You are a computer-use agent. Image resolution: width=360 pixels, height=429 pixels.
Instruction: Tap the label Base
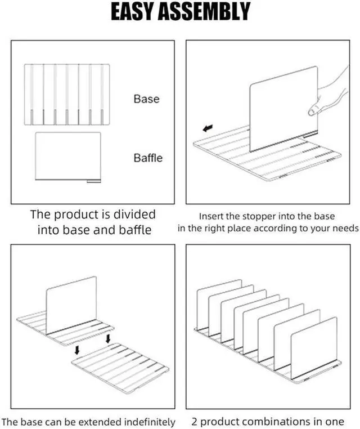pos(146,99)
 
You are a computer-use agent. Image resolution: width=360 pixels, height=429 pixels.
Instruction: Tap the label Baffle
pos(148,158)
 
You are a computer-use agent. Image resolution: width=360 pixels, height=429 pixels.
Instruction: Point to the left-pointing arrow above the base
pos(208,129)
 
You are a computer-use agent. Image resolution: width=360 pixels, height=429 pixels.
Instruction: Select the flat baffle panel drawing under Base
pos(67,157)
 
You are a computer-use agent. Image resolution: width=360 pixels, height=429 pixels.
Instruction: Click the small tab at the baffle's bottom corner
pos(93,181)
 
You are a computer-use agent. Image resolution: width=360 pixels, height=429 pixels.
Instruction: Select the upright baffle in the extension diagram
pos(71,304)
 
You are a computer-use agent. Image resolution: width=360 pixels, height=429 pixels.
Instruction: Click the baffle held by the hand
pos(281,107)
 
